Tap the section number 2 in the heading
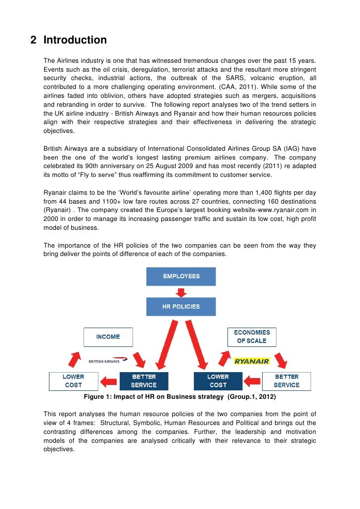coord(33,40)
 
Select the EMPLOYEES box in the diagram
coord(181,276)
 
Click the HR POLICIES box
coord(181,306)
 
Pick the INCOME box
coord(108,337)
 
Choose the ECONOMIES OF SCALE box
coord(251,337)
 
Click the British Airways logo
coord(107,361)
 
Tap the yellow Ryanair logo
coord(252,361)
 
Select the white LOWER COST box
coord(73,381)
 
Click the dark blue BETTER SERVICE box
coord(144,381)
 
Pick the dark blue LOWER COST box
coord(218,381)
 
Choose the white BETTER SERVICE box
coord(287,381)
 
